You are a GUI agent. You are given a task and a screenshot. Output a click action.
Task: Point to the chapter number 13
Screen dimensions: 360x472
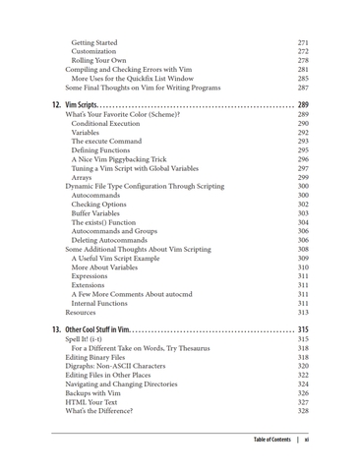click(x=57, y=326)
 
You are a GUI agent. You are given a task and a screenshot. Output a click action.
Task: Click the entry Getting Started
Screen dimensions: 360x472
click(x=94, y=43)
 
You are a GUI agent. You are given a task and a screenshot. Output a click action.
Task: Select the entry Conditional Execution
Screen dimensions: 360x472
click(x=112, y=123)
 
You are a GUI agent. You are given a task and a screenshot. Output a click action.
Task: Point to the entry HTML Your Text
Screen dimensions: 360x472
click(x=94, y=400)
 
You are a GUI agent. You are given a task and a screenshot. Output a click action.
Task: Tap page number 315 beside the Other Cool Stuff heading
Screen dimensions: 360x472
click(x=303, y=326)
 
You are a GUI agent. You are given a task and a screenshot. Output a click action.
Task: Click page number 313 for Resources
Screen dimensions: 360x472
click(x=303, y=311)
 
